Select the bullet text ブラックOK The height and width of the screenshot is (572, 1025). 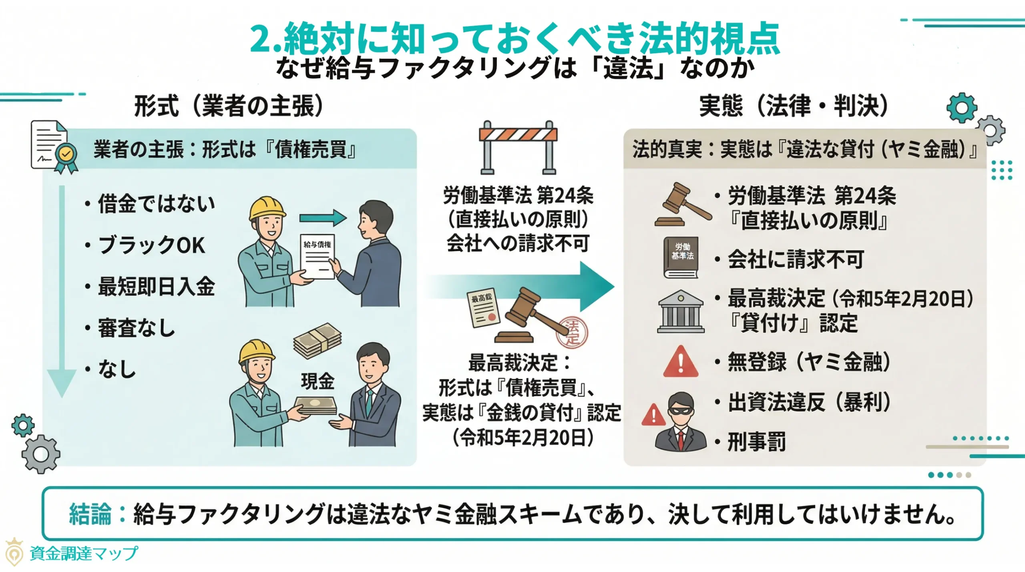click(x=151, y=245)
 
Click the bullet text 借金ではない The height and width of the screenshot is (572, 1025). click(x=156, y=203)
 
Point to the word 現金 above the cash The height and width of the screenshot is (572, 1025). click(x=318, y=381)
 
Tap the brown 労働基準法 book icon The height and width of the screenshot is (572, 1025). click(x=681, y=257)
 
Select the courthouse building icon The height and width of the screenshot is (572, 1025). click(x=680, y=312)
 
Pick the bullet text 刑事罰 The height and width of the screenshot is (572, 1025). click(x=756, y=442)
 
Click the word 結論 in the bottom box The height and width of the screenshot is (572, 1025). click(x=90, y=514)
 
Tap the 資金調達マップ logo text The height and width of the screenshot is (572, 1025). click(x=84, y=554)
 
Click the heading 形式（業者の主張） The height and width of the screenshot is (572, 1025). click(x=228, y=106)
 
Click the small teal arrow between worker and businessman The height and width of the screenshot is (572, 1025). click(x=323, y=218)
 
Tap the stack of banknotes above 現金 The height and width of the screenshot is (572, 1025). click(x=317, y=340)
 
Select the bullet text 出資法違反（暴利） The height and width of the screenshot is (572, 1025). click(x=809, y=402)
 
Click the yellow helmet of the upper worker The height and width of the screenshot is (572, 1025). click(x=266, y=208)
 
